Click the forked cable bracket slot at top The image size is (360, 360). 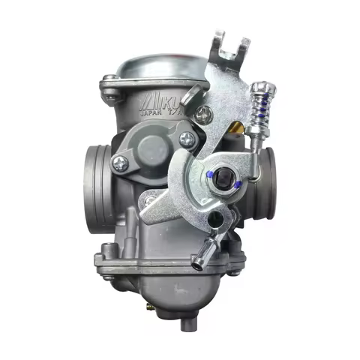click(232, 46)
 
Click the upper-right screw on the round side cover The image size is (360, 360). click(185, 138)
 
